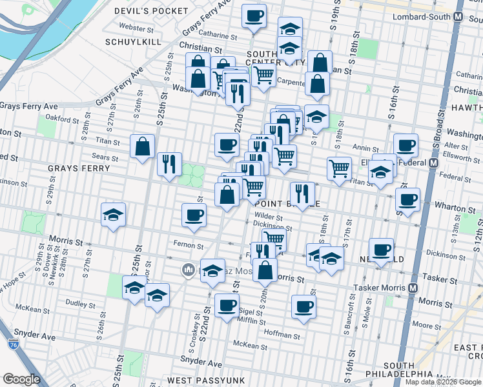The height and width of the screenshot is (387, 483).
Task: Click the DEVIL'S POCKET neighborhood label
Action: [x=160, y=11]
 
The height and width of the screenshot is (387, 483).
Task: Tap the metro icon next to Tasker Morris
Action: [x=413, y=287]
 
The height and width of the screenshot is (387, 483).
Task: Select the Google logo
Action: [x=21, y=379]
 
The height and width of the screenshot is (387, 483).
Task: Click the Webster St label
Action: [x=136, y=29]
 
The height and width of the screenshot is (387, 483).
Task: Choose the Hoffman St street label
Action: [x=282, y=335]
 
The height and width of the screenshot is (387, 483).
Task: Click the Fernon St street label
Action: [x=189, y=245]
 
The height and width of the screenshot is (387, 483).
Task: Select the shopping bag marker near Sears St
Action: [x=142, y=146]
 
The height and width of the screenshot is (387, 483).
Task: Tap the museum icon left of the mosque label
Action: [x=189, y=269]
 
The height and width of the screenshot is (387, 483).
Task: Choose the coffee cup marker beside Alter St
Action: [x=406, y=145]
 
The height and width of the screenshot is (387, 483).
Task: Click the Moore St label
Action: [x=426, y=326]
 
